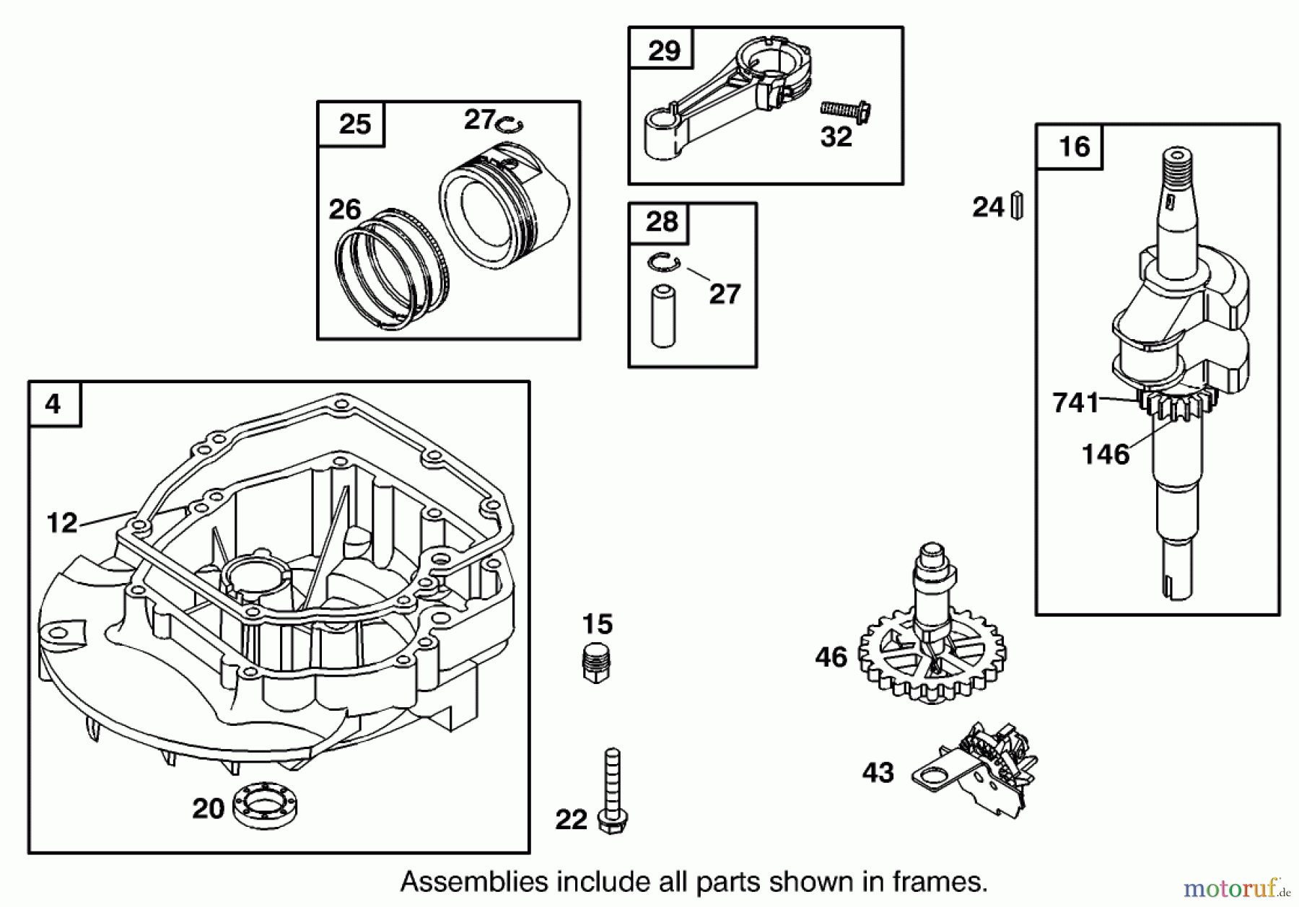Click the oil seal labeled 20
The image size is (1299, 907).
coord(266,807)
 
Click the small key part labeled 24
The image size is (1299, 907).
coord(1017,206)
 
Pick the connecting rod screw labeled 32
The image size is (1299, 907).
coord(846,110)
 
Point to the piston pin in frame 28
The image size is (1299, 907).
coord(663,316)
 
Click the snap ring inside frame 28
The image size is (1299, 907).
coord(664,263)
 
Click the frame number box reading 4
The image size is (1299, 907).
coord(54,404)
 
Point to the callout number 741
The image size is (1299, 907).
coord(1075,403)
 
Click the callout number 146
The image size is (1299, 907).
coord(1105,455)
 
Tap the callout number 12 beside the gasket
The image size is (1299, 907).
coord(62,522)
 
